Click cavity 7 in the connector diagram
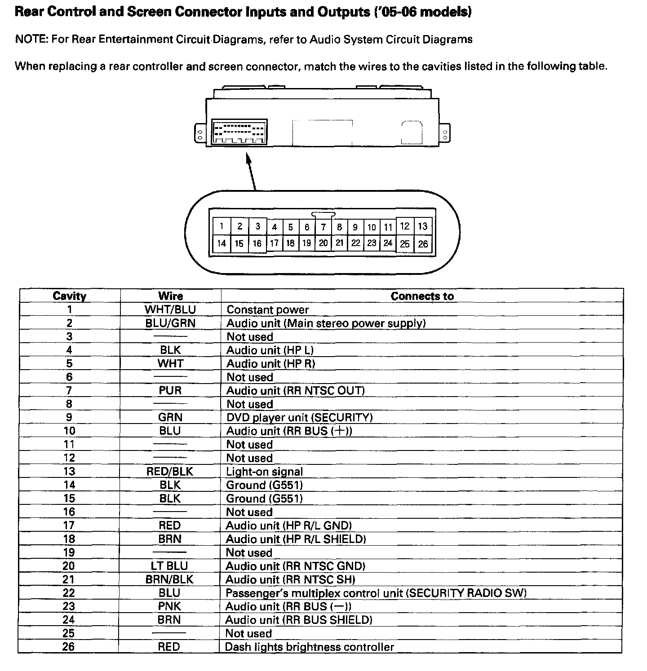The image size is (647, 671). coord(323,227)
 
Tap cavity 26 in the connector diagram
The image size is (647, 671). coord(423,244)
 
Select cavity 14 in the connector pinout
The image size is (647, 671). coord(222,243)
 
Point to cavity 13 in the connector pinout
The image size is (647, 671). coord(423,226)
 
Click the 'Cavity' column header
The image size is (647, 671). coord(69,296)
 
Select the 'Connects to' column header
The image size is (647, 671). coord(422,296)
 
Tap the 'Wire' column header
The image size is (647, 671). coord(170,296)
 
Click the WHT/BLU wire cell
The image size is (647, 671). coord(170,309)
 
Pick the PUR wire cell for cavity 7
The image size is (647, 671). coord(170,390)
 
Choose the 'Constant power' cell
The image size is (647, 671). coord(267,309)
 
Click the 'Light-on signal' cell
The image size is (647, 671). coord(264,472)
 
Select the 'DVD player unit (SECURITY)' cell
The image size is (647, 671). coord(299,417)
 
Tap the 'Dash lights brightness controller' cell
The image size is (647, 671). coord(309,647)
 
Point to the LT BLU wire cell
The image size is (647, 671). coord(169,566)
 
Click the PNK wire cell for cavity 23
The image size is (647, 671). coord(169,606)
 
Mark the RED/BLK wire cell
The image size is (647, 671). coord(170,472)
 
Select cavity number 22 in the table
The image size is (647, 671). coord(69,593)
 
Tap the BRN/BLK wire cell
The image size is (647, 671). coord(169,579)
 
